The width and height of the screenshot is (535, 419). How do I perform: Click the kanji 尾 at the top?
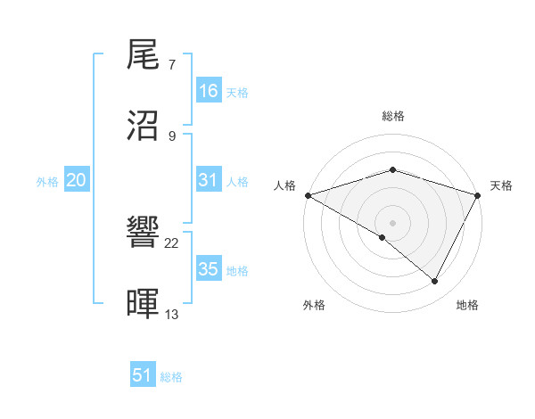click(144, 57)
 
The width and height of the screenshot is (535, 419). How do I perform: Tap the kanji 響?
click(144, 234)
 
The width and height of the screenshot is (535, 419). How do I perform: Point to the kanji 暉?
click(144, 303)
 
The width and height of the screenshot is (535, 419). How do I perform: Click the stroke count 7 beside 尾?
click(172, 66)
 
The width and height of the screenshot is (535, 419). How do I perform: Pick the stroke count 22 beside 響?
click(172, 243)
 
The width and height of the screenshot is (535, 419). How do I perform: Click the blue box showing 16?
click(209, 91)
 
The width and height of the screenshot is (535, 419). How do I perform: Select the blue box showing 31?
click(209, 180)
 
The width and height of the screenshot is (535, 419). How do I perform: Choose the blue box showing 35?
click(209, 269)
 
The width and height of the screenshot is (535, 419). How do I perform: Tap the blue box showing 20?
click(77, 180)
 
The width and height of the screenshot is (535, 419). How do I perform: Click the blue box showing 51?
click(143, 375)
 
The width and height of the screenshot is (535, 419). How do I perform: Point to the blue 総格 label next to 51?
click(171, 377)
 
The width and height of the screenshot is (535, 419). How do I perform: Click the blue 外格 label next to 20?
click(47, 182)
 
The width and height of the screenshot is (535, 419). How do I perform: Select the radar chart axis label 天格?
click(501, 185)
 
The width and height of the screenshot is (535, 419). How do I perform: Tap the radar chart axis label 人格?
click(284, 185)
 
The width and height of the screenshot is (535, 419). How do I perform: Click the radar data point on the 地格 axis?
click(435, 282)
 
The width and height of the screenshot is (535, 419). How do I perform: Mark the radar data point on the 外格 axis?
click(383, 237)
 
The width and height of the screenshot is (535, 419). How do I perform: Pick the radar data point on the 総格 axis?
click(392, 170)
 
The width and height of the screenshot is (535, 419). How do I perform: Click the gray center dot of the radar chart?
click(392, 222)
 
